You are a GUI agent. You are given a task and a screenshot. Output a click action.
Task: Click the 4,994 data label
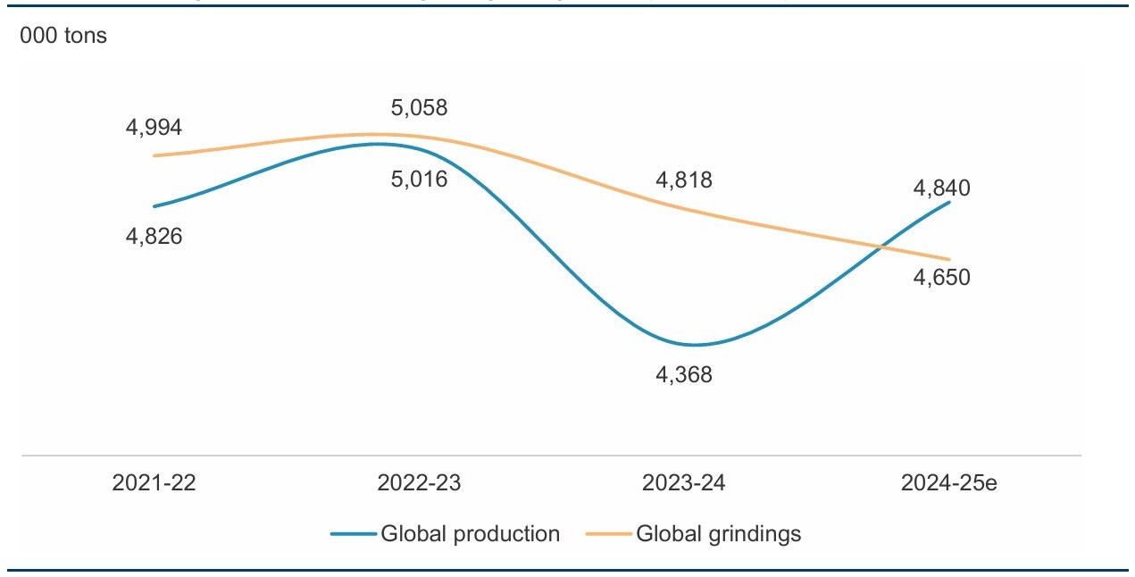coord(154,128)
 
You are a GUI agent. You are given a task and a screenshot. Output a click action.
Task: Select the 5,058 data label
coord(419,108)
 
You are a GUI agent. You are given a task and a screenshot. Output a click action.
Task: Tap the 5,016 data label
coord(419,179)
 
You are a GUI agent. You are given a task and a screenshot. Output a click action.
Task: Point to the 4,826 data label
coord(154,238)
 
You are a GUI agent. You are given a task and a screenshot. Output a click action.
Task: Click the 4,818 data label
coord(684,180)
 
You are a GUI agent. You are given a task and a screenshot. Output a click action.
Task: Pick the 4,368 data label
coord(684,375)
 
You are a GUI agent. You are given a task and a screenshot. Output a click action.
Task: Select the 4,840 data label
coord(941,188)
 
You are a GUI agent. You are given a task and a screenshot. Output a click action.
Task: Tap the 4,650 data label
coord(941,278)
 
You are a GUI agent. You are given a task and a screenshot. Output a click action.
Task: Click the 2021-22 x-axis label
coord(154,483)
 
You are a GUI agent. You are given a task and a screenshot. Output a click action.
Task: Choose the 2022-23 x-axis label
coord(419,483)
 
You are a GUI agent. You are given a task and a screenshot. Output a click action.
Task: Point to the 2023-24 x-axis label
coord(684,483)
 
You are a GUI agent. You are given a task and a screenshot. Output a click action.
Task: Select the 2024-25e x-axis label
coord(948,483)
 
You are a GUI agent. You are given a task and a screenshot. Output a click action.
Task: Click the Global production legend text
coord(471,534)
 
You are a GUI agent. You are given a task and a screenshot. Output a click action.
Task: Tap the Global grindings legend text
coord(719,534)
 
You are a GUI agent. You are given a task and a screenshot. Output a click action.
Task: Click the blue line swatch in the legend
coord(353,534)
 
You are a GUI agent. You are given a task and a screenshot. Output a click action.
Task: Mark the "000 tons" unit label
coord(63,37)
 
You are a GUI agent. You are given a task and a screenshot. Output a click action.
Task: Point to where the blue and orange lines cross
coord(883,246)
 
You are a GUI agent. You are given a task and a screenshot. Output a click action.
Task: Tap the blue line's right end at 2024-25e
coord(949,202)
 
